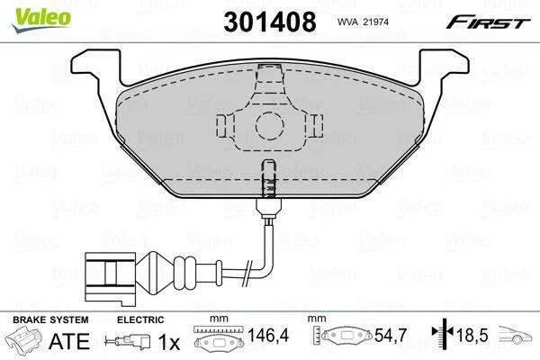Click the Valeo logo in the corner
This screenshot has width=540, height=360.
[x=41, y=20]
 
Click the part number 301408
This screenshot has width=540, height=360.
[x=270, y=22]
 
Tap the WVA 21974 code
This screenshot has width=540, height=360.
[x=363, y=22]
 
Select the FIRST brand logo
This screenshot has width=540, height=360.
[x=488, y=22]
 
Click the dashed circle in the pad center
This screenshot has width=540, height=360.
[x=270, y=126]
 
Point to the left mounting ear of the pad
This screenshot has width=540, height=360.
[x=96, y=69]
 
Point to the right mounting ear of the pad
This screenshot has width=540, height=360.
[x=444, y=69]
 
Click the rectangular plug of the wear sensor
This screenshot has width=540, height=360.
[x=110, y=279]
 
